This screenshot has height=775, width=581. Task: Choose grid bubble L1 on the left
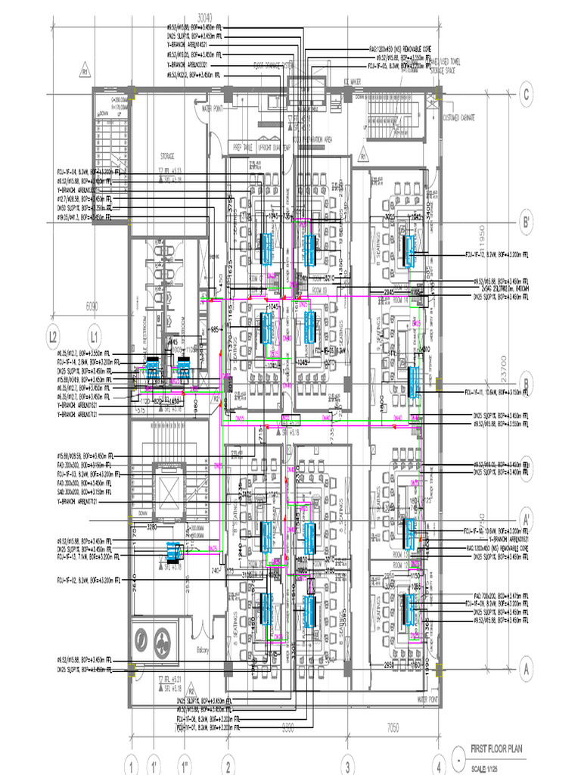(x=94, y=334)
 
